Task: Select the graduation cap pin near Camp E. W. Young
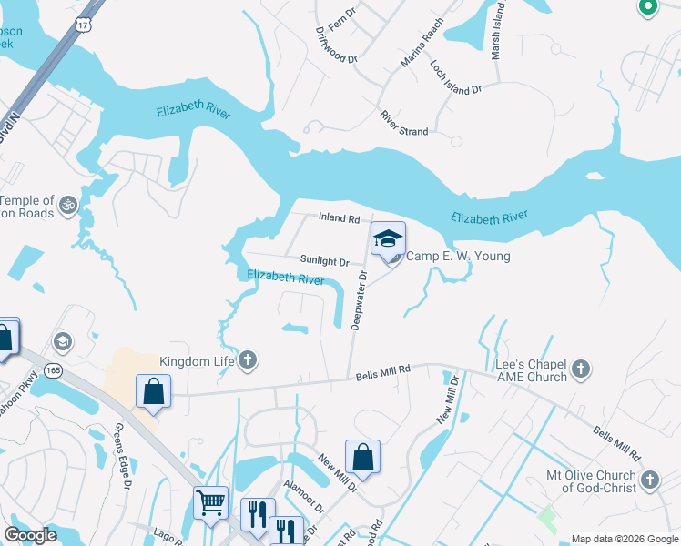pyautogui.click(x=388, y=239)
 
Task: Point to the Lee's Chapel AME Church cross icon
pyautogui.click(x=582, y=369)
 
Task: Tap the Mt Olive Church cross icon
pyautogui.click(x=650, y=480)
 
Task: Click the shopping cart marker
pyautogui.click(x=210, y=502)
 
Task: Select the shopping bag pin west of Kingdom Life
pyautogui.click(x=154, y=391)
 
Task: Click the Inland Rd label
pyautogui.click(x=339, y=218)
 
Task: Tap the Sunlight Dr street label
pyautogui.click(x=318, y=261)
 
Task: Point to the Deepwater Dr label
pyautogui.click(x=359, y=300)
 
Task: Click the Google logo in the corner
pyautogui.click(x=30, y=535)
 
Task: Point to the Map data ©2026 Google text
pyautogui.click(x=625, y=539)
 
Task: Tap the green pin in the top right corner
pyautogui.click(x=648, y=7)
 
